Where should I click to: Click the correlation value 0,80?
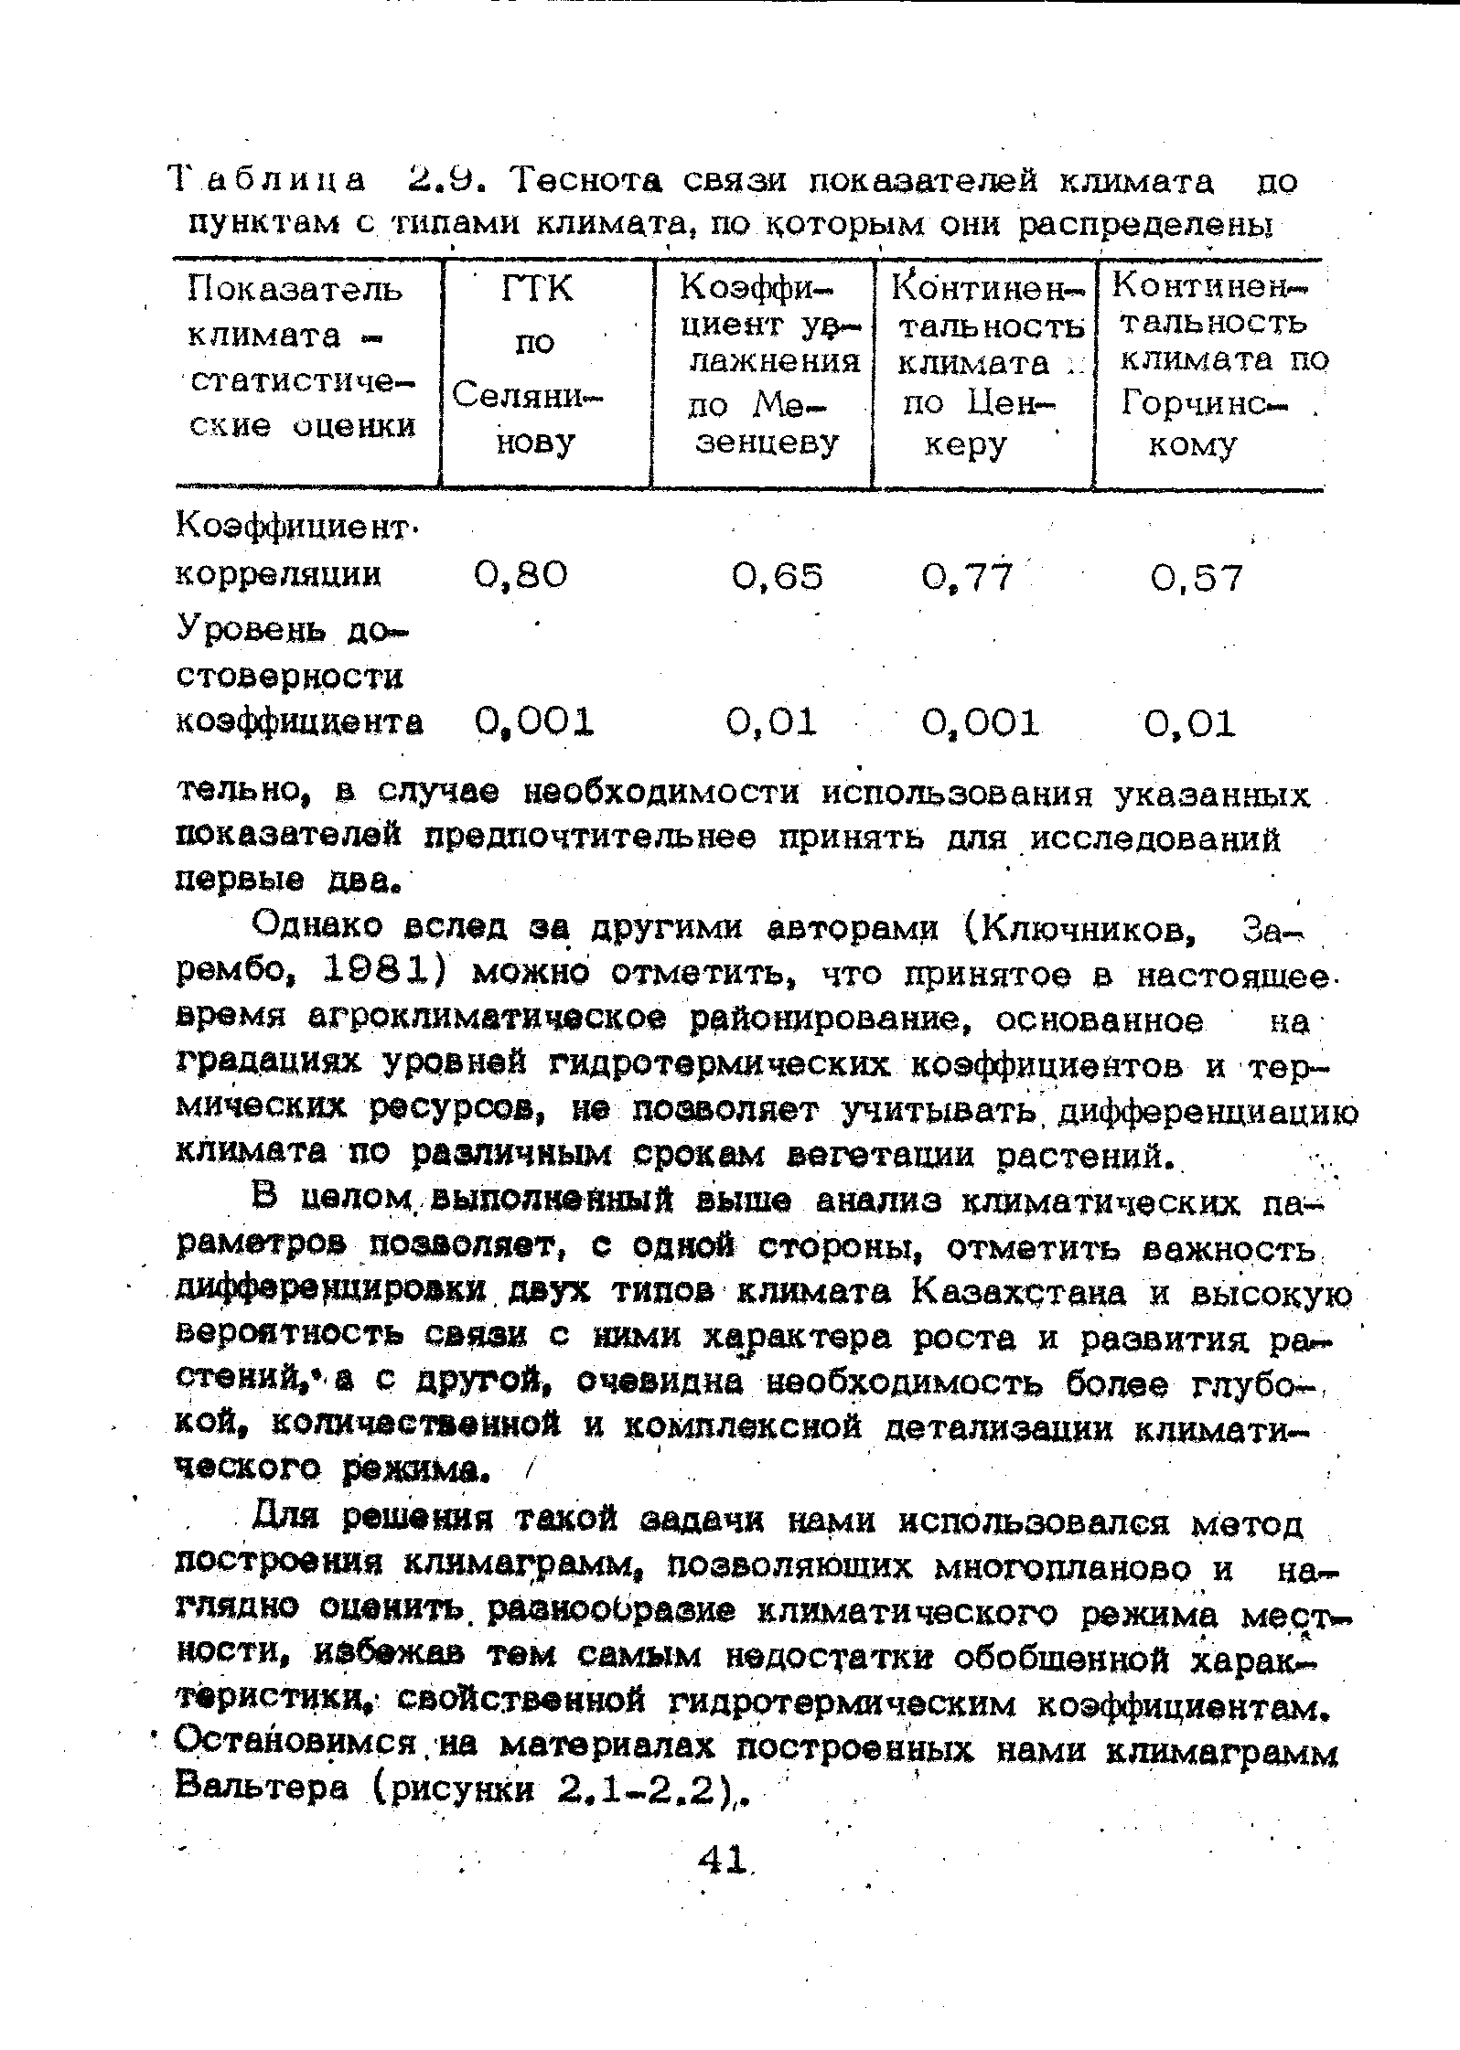(521, 576)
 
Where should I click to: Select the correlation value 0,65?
(778, 577)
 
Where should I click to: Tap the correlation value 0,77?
(968, 577)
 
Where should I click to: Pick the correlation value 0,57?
(1197, 578)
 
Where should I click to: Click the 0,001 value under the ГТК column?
(535, 722)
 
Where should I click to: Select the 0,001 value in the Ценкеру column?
(981, 723)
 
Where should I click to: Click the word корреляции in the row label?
(279, 575)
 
